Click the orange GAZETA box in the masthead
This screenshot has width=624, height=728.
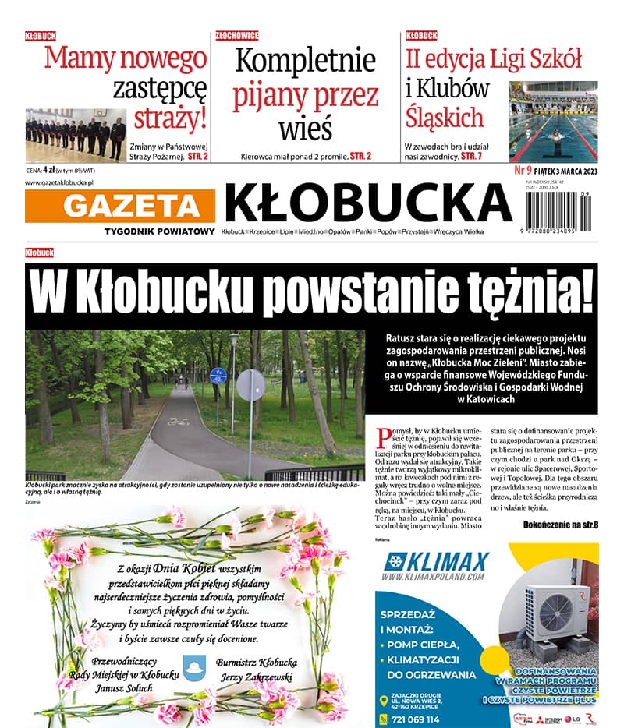[120, 205]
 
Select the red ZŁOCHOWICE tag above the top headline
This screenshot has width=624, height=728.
[237, 35]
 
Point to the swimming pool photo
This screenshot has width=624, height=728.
[553, 122]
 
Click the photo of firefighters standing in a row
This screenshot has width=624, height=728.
[75, 134]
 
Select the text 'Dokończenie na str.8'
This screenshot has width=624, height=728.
[560, 525]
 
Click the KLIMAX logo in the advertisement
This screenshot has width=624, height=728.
[437, 563]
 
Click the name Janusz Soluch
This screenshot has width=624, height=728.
[124, 688]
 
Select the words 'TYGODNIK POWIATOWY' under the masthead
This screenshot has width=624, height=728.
[159, 231]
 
